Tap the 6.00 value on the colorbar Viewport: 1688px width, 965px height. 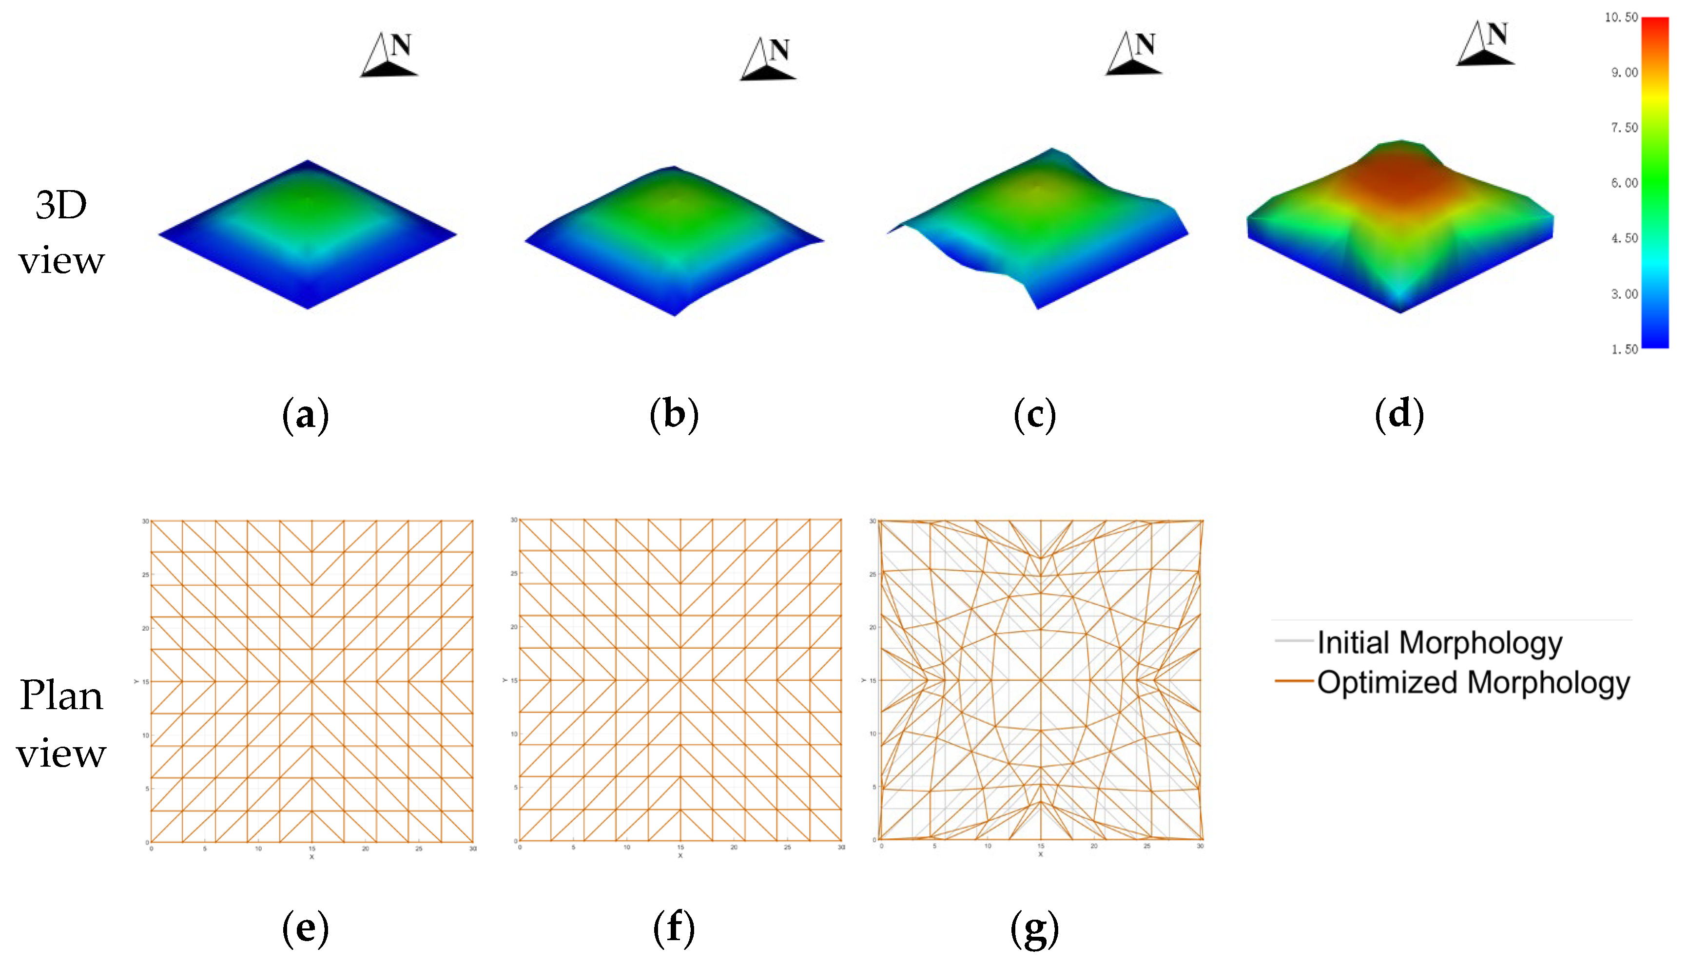pos(1624,183)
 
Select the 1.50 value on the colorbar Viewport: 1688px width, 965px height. pos(1624,349)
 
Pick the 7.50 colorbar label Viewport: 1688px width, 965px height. pos(1624,127)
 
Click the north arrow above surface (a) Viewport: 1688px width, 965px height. pos(389,55)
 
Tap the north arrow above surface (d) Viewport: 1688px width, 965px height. pos(1486,44)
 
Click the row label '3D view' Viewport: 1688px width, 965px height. pos(61,232)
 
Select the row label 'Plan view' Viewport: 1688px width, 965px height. pos(61,724)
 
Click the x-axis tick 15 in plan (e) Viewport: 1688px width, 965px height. pos(312,849)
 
